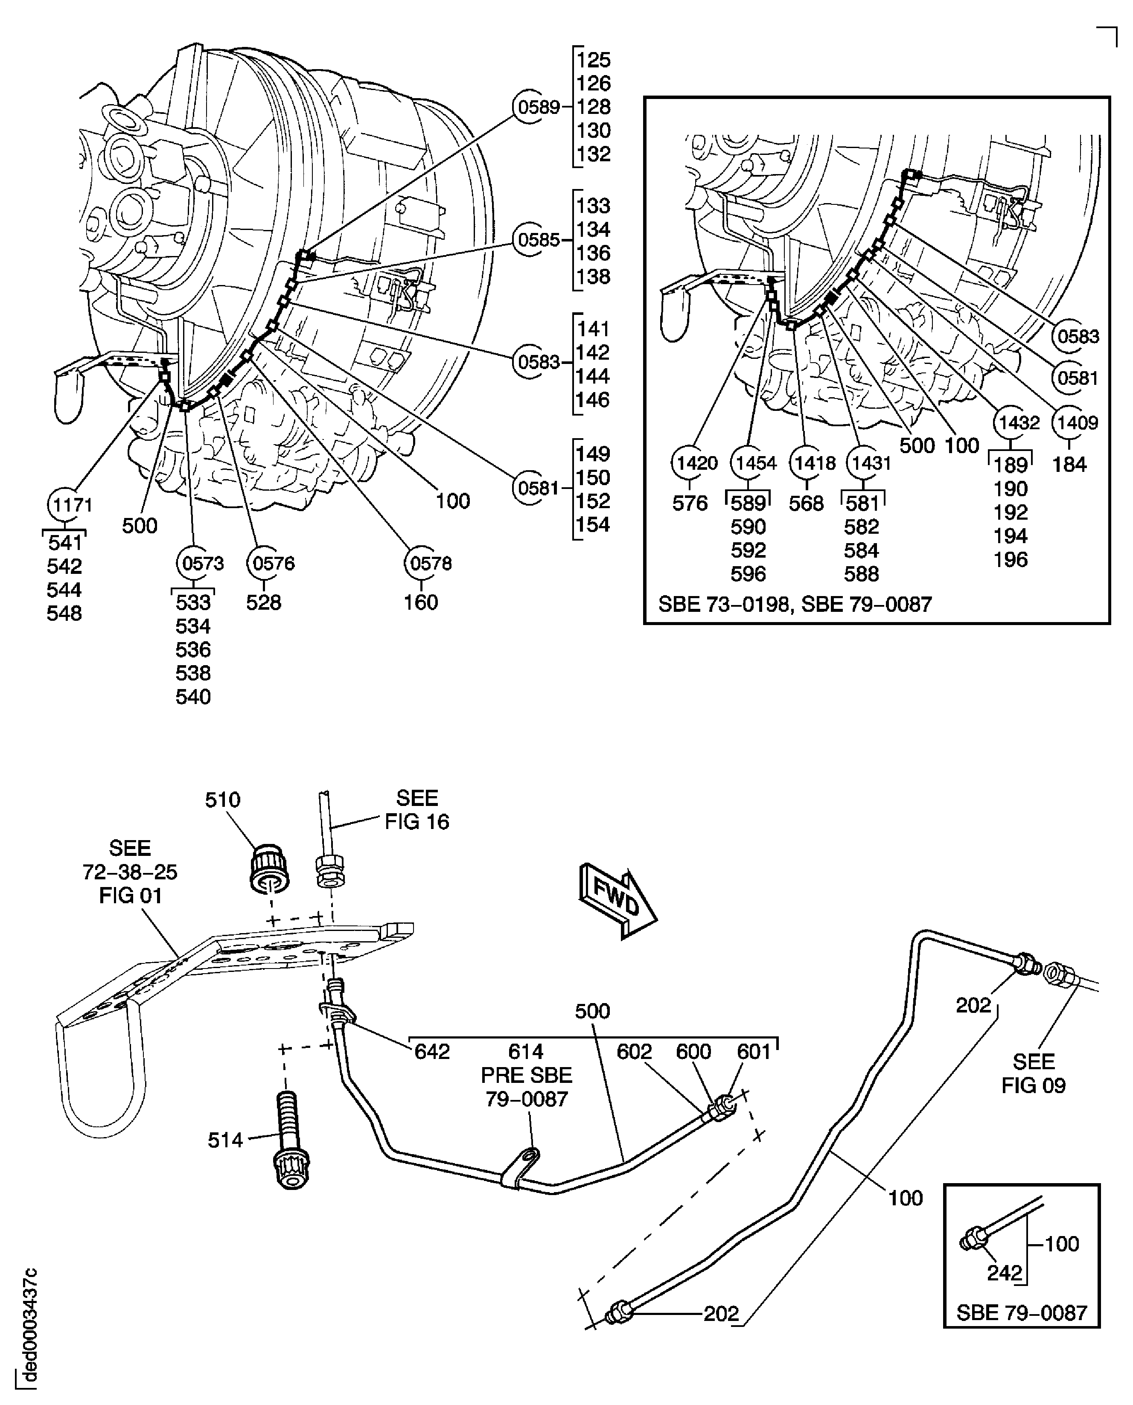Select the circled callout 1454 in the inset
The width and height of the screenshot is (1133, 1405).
coord(754,463)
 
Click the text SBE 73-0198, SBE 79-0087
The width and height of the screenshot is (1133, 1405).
coord(794,604)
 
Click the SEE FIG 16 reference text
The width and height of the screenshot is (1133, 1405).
coord(417,809)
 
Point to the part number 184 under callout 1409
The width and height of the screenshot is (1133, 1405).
coord(1069,465)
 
